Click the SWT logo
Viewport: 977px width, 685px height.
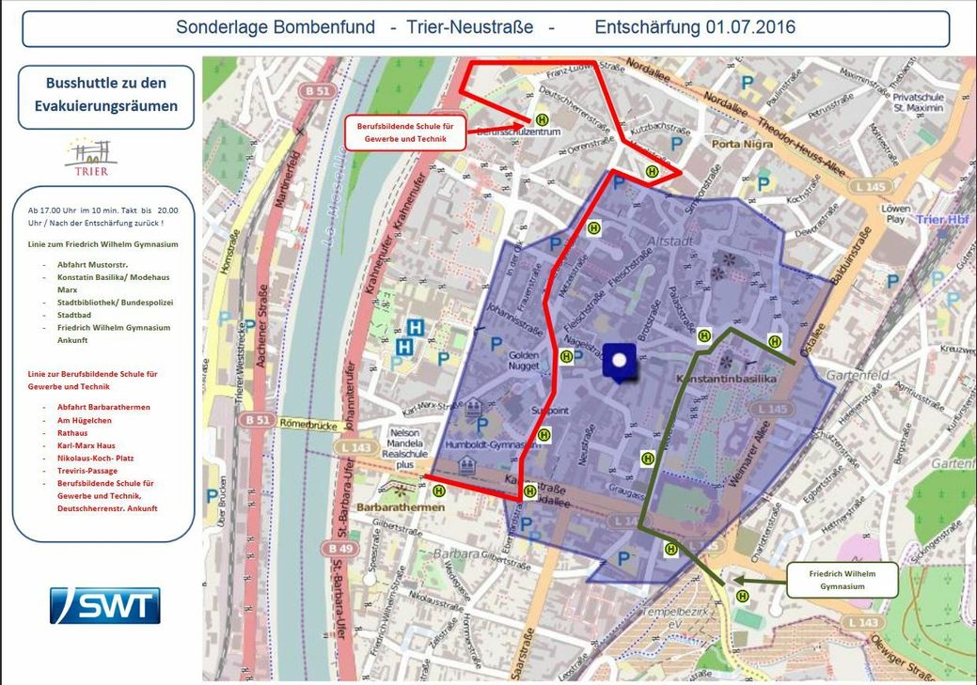click(x=105, y=606)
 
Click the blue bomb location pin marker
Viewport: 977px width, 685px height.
click(x=619, y=363)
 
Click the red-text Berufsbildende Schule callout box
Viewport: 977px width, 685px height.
click(x=409, y=132)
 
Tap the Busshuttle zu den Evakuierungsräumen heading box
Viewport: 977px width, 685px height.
click(x=105, y=95)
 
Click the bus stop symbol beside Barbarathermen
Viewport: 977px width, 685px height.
click(x=438, y=490)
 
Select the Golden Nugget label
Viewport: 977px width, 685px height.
click(x=523, y=362)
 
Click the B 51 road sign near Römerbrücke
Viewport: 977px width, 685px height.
click(x=253, y=419)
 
